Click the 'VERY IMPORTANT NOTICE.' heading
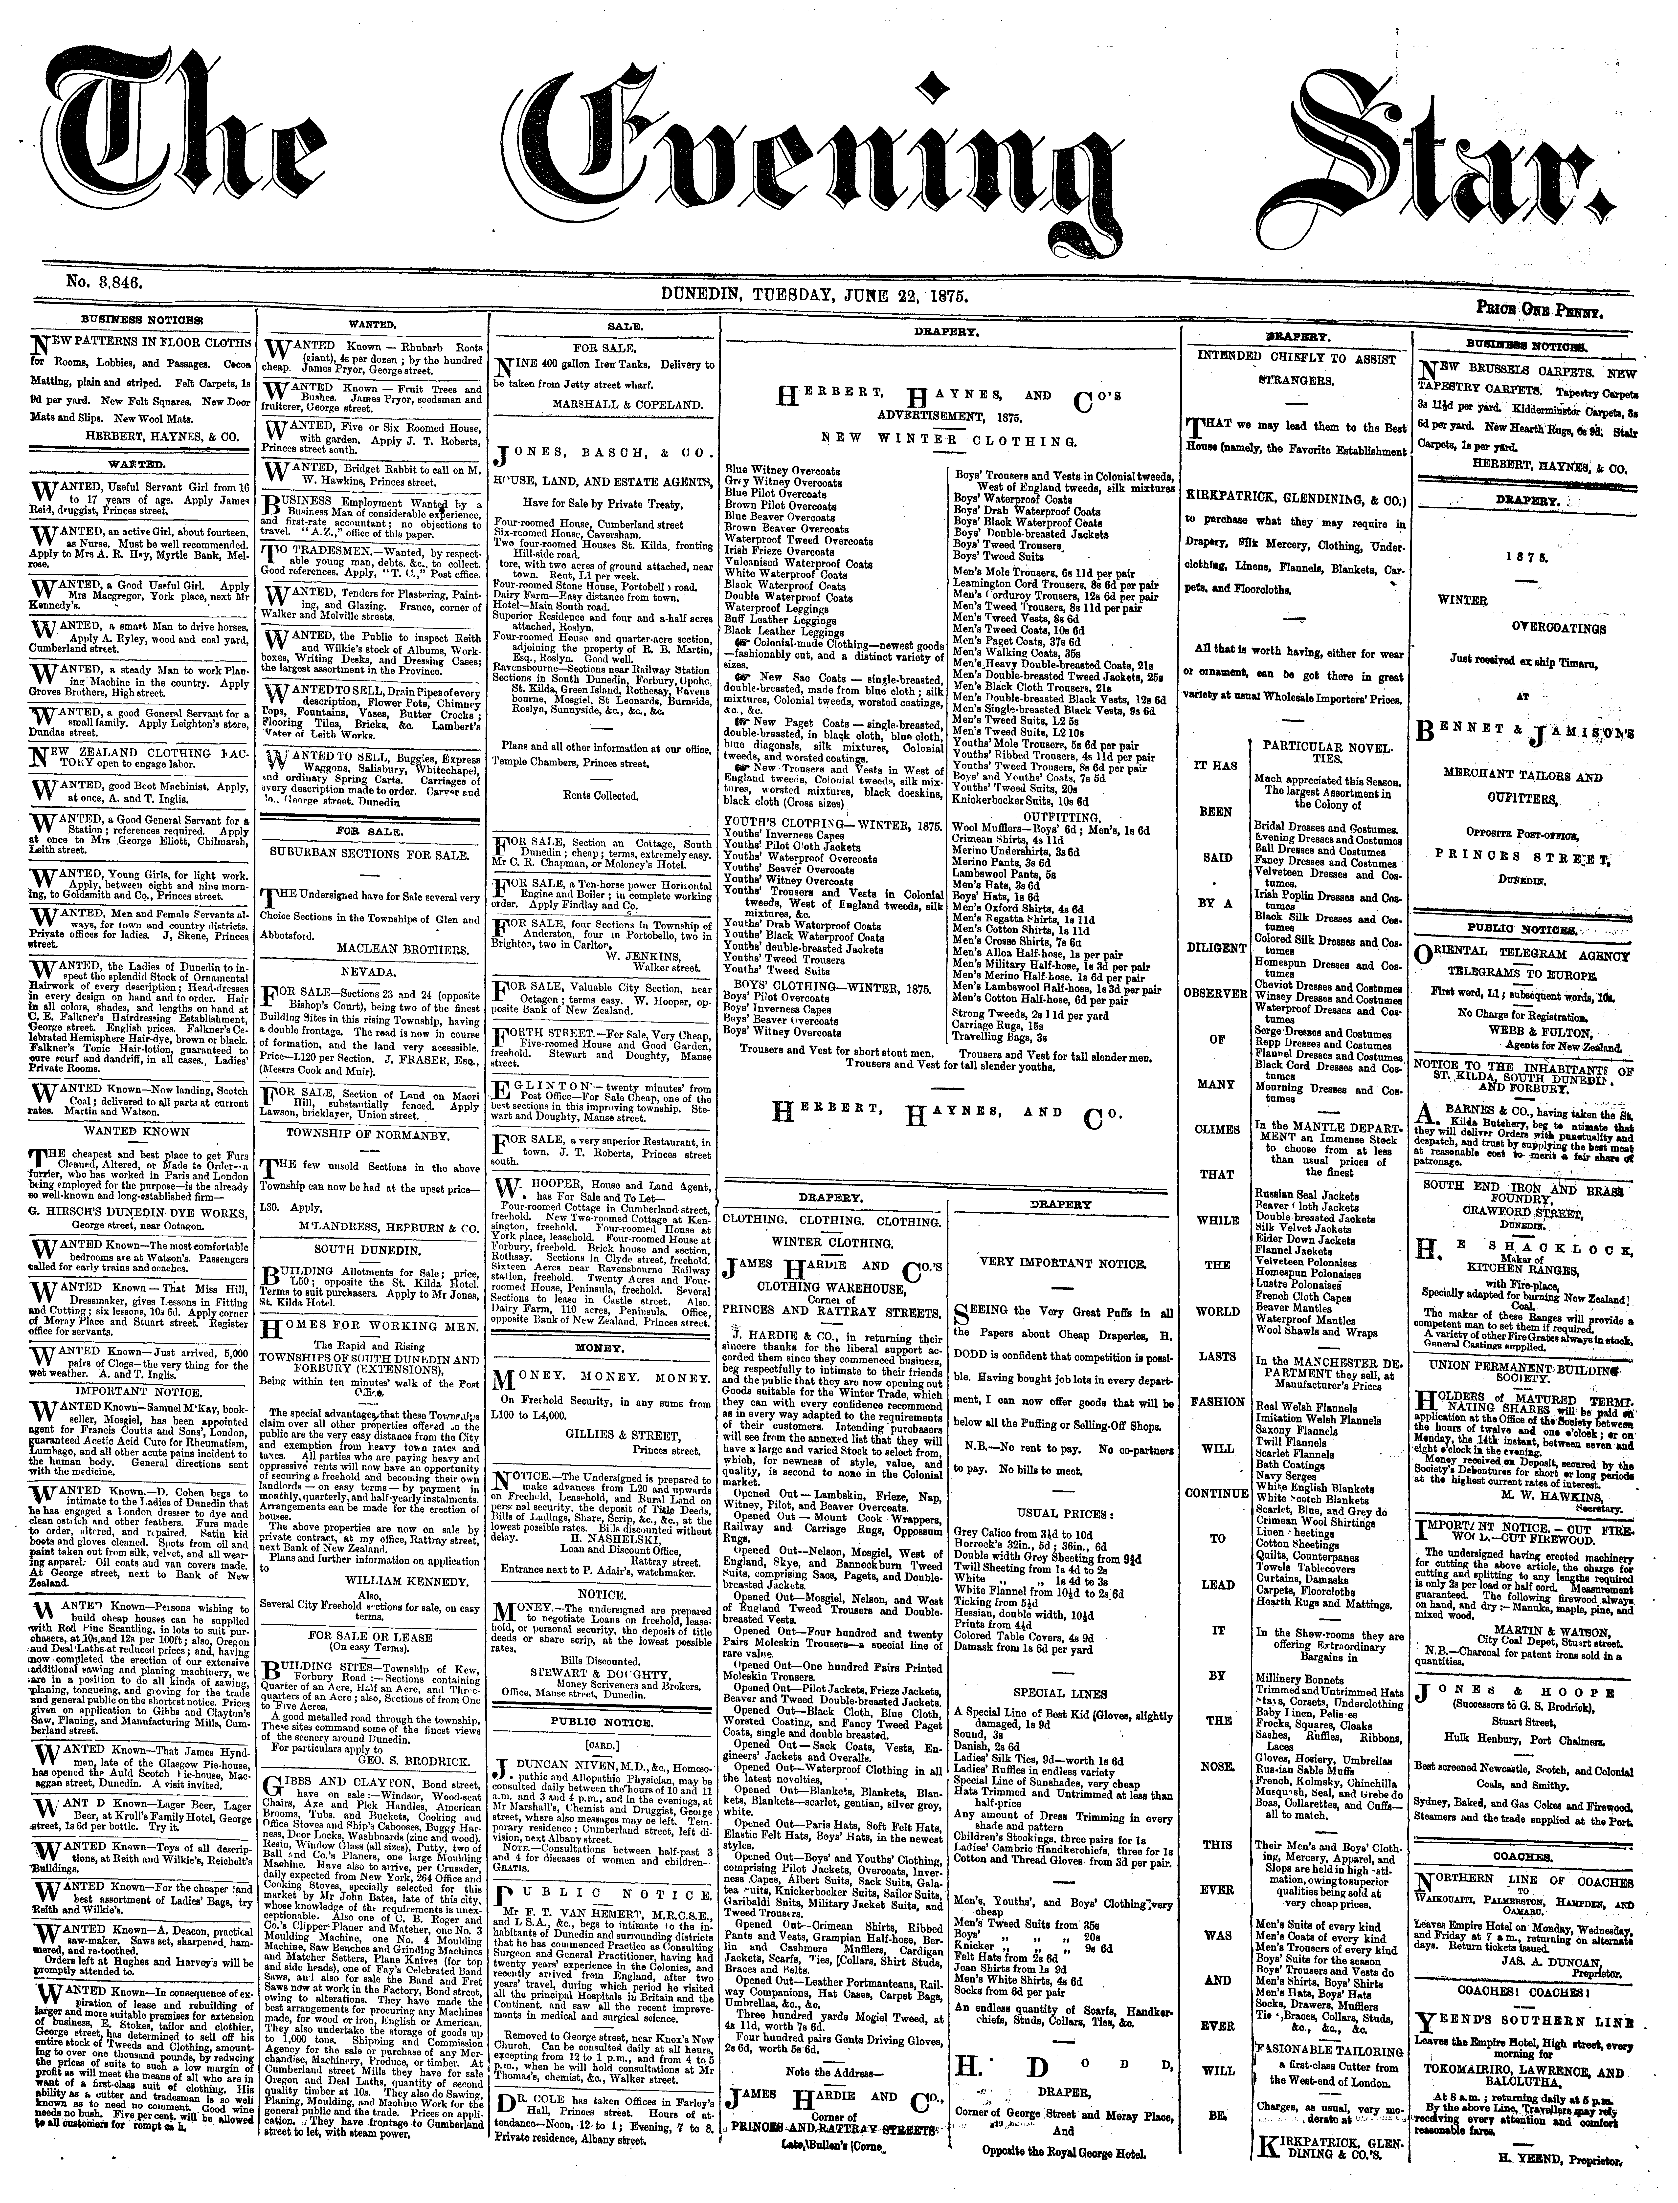[x=1064, y=1262]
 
